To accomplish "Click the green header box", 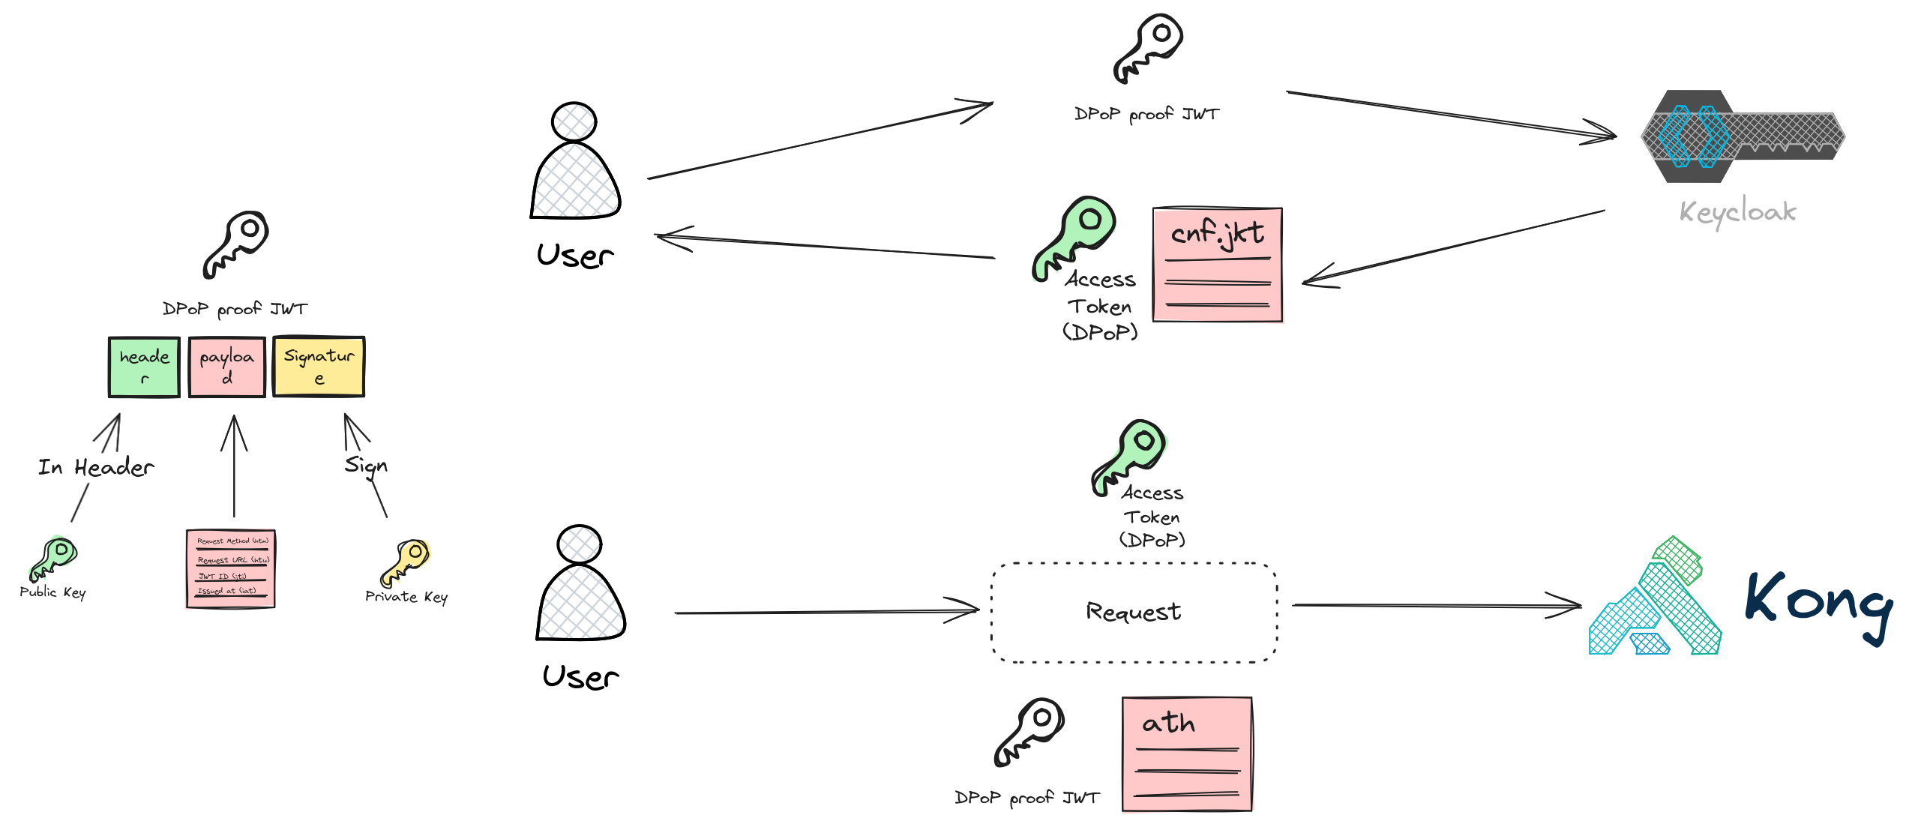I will coord(144,367).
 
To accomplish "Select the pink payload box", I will coord(226,367).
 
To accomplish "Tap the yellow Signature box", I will coord(319,366).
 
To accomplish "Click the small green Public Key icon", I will coord(52,557).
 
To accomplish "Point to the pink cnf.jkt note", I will coord(1217,265).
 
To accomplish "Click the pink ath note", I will coord(1188,753).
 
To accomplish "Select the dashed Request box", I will coord(1134,612).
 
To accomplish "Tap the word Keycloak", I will coord(1737,212).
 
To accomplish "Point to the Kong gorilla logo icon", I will coord(1656,600).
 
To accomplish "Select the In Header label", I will coord(96,468).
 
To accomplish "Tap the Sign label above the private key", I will coord(366,466).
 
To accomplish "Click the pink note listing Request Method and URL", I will coord(230,568).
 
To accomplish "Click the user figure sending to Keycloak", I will coord(576,163).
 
